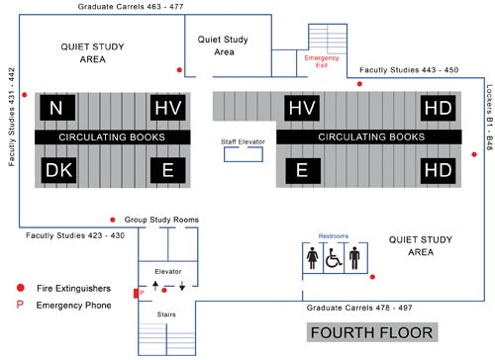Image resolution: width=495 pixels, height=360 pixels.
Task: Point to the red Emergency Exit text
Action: click(322, 62)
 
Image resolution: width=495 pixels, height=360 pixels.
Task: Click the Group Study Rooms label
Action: click(163, 220)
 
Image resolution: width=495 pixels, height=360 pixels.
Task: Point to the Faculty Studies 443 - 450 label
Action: click(409, 71)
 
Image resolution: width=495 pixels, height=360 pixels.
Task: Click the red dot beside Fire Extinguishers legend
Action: click(22, 288)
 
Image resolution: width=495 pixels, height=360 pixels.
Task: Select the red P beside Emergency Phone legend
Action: click(22, 306)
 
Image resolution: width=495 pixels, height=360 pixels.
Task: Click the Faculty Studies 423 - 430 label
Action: click(73, 235)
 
